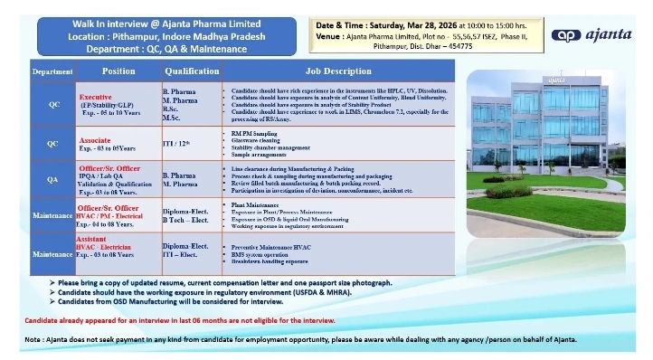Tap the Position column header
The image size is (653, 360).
click(118, 70)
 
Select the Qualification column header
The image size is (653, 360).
click(191, 70)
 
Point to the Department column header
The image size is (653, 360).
click(53, 71)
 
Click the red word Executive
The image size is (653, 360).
click(95, 95)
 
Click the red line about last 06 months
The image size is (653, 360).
click(166, 320)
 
